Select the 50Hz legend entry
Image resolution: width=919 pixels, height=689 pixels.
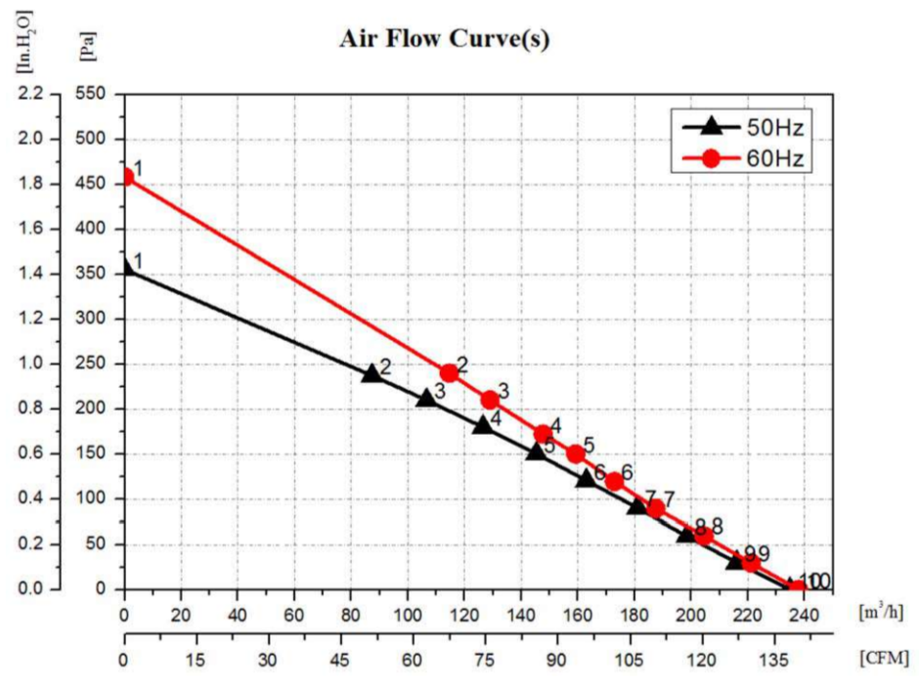tap(744, 126)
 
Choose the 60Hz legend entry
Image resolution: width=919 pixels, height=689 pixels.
tap(744, 157)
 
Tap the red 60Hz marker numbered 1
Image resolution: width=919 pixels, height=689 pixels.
tap(124, 178)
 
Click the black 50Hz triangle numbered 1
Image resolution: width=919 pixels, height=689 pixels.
tap(124, 267)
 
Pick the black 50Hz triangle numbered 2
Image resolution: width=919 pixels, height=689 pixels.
tap(372, 373)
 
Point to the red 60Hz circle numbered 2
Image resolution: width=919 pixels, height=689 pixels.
tap(450, 372)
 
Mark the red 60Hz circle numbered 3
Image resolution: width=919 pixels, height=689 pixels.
tap(490, 399)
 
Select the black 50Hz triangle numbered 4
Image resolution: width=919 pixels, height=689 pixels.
tap(482, 425)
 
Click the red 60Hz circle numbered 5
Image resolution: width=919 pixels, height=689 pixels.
tap(576, 453)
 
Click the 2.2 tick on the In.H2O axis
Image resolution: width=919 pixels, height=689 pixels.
tap(31, 95)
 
